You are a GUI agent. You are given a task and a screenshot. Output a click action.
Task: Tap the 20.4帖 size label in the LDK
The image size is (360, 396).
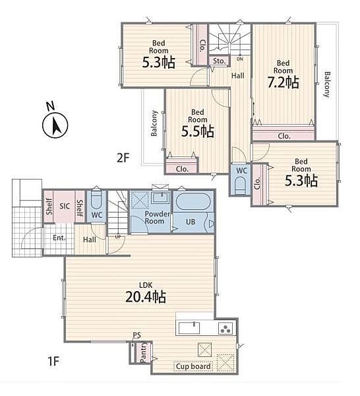coord(146,297)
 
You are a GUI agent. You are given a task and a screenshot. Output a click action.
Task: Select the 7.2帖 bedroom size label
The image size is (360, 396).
coord(284,82)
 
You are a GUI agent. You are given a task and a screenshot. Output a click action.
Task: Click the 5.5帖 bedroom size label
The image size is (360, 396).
coord(198,131)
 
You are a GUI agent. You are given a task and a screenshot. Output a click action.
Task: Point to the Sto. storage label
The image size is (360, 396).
coord(219,61)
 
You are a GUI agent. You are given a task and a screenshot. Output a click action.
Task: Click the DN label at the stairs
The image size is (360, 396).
coord(239,59)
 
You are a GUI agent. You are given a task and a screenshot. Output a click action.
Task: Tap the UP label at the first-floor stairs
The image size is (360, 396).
coord(118,237)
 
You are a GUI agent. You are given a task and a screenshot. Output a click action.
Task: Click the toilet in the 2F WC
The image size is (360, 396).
coord(240,185)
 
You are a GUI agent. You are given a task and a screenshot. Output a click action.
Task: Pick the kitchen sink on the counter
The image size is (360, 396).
coord(189,328)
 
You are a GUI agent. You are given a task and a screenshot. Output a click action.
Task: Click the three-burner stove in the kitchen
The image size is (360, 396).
coord(226,328)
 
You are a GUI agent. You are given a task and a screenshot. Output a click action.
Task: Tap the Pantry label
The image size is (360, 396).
coord(143,352)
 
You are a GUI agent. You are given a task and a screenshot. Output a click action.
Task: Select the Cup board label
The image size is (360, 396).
coord(193,366)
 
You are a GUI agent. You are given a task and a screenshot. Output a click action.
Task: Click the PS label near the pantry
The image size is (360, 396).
coord(136,335)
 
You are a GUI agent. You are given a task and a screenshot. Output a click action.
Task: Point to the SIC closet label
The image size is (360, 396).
coord(65,206)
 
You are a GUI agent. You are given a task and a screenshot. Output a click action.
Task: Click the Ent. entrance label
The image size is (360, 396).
coord(59,238)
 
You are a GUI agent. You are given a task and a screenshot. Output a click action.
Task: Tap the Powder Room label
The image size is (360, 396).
coord(157,217)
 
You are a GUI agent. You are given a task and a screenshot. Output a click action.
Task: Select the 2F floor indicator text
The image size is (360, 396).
coord(123,158)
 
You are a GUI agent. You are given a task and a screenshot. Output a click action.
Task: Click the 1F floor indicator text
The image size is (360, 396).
coord(53,361)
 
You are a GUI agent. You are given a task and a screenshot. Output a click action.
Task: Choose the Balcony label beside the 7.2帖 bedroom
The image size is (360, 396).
coord(327,84)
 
